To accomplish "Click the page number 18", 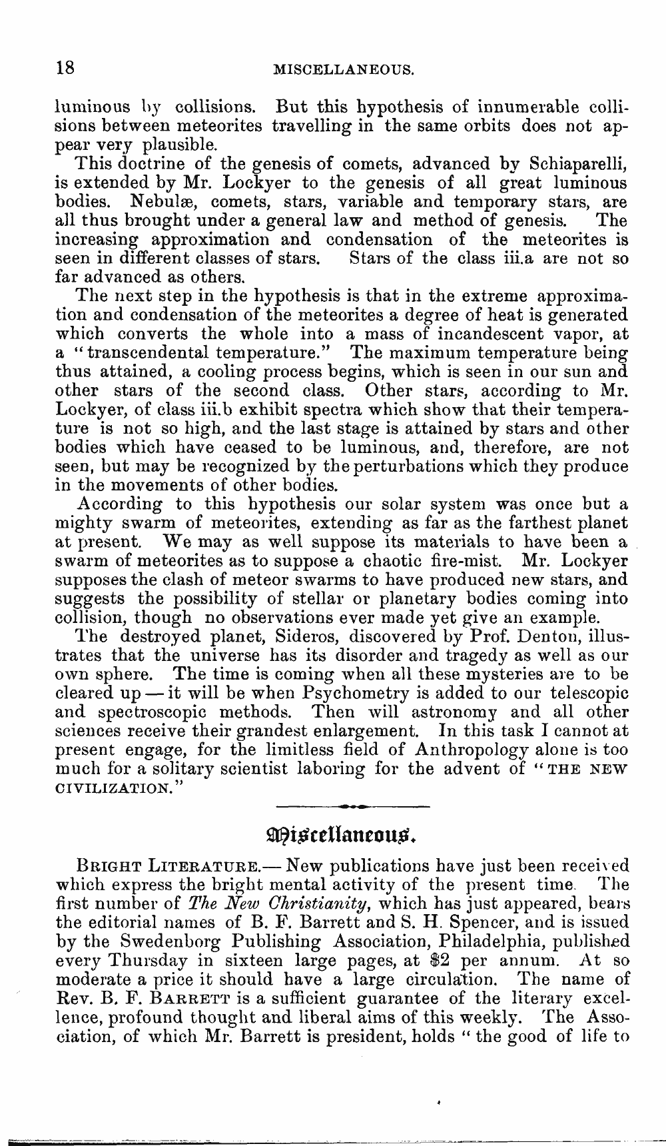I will coord(66,67).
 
